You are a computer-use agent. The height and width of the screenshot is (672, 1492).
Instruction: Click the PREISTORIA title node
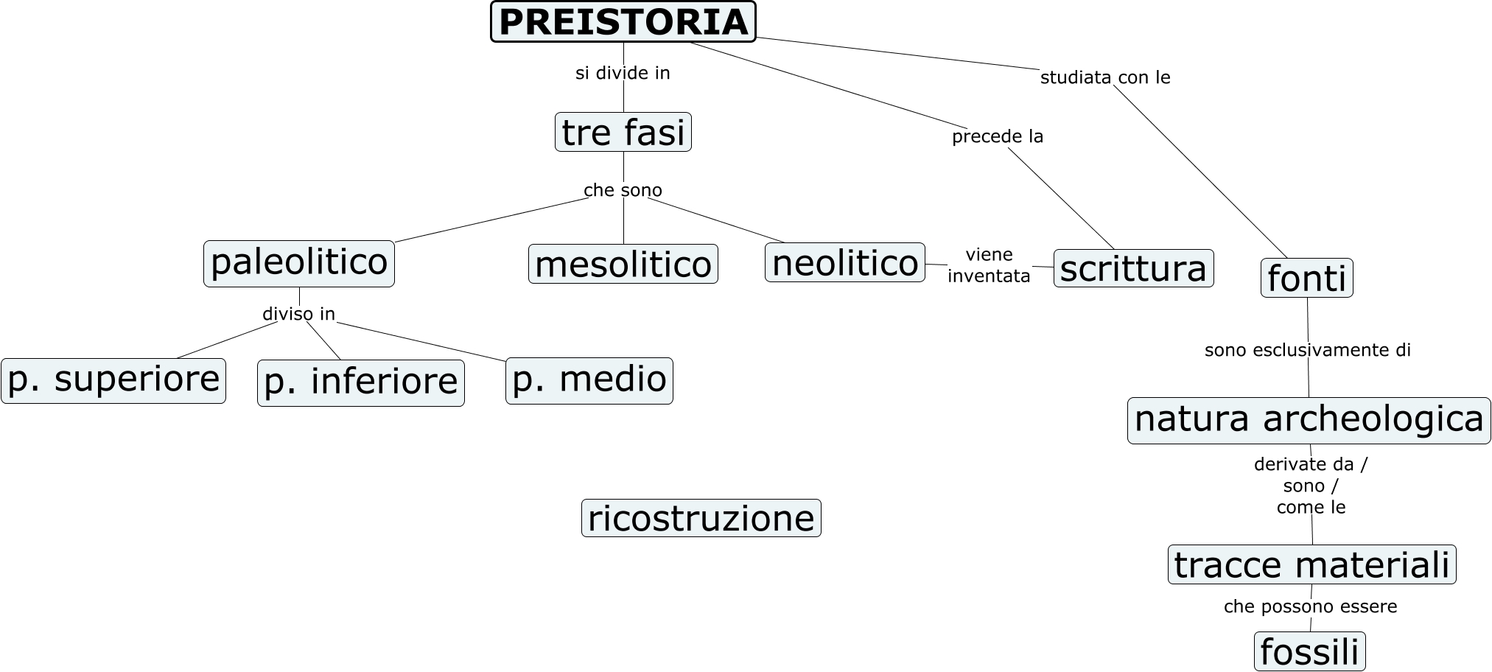(623, 22)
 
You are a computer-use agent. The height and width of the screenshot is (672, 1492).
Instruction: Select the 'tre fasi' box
(623, 133)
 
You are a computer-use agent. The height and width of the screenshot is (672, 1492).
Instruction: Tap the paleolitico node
(299, 263)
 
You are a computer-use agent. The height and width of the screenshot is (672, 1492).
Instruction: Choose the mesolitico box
(623, 265)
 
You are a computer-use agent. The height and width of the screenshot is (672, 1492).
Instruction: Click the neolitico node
(845, 263)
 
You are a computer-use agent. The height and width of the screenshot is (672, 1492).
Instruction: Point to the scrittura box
(1133, 268)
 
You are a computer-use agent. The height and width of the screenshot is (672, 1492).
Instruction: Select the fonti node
(1307, 279)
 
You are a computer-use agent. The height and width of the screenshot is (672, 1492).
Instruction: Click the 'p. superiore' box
(113, 380)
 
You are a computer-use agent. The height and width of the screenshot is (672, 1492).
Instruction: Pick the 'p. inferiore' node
(361, 382)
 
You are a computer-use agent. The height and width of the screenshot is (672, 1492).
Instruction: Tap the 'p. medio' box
(589, 380)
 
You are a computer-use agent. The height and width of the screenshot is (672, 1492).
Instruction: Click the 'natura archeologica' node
(1309, 420)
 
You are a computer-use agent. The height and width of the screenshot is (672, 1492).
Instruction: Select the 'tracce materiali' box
(1312, 565)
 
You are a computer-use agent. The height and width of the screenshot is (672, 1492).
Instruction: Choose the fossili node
(1309, 652)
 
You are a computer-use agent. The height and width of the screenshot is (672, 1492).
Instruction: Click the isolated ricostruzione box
(701, 518)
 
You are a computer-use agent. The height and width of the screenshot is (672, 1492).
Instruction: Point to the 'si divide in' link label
(623, 73)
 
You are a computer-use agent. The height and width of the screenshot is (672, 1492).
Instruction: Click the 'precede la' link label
(998, 136)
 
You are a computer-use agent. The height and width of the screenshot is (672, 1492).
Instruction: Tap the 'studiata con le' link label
(1105, 77)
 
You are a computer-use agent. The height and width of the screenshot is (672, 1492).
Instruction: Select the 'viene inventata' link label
(989, 265)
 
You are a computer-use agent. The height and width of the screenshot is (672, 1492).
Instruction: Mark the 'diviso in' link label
(299, 314)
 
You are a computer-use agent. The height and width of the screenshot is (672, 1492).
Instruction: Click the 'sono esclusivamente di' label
(1308, 350)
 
